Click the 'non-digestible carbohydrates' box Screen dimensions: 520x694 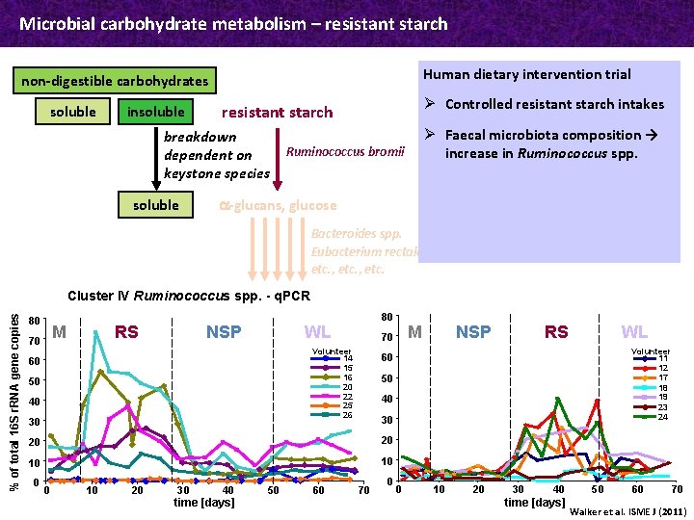[x=115, y=81]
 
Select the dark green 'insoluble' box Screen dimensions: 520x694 [x=155, y=112]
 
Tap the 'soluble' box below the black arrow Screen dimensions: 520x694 [x=155, y=205]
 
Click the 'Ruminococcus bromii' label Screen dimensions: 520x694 [x=346, y=151]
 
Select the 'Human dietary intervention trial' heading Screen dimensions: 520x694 [x=526, y=74]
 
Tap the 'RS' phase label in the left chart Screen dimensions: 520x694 [x=126, y=332]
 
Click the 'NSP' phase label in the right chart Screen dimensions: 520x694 [x=473, y=332]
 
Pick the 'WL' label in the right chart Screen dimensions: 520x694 [x=634, y=332]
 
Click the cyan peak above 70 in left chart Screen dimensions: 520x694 [x=94, y=332]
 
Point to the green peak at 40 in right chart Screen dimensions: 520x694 [x=557, y=399]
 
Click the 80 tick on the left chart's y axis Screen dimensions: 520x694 [x=34, y=321]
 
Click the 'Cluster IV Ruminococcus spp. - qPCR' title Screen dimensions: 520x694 [x=189, y=296]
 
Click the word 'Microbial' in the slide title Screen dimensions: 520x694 [x=54, y=23]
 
